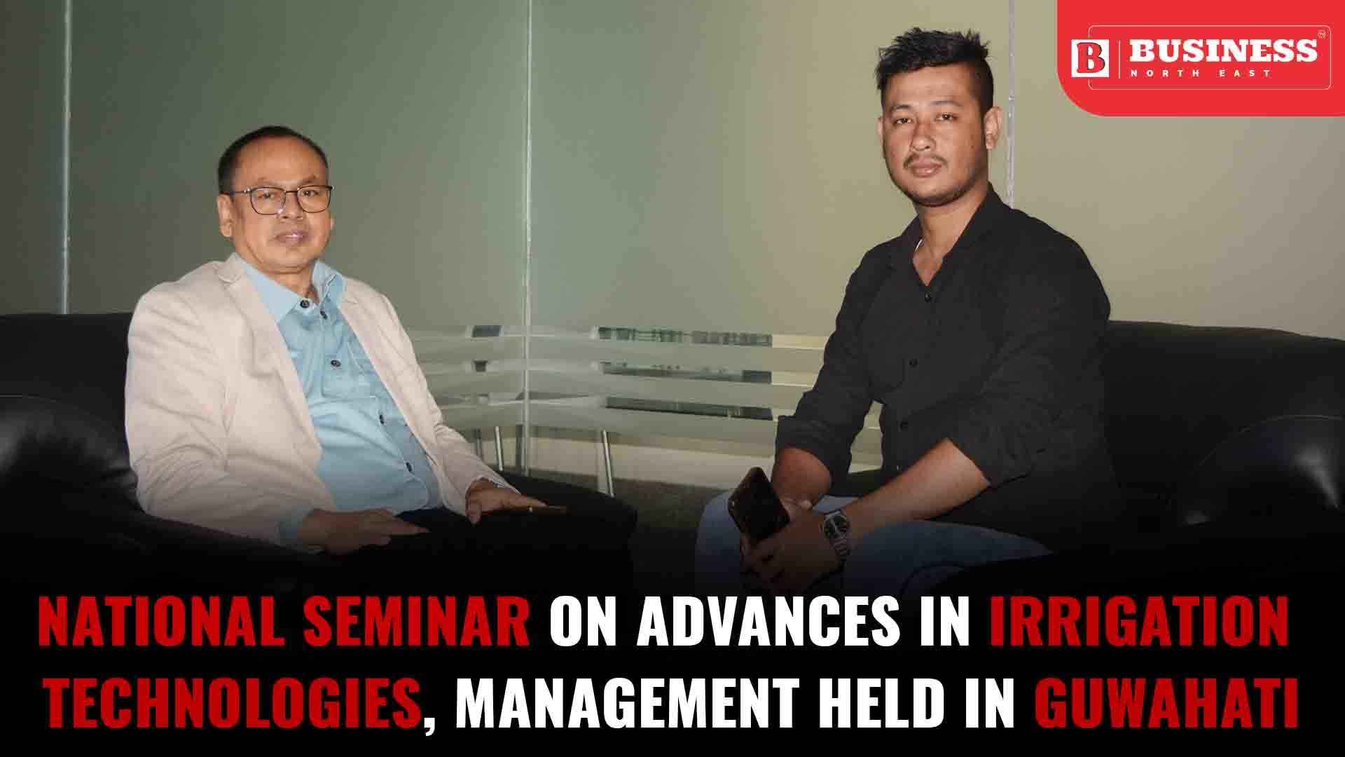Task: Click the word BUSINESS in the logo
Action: pyautogui.click(x=1223, y=50)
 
